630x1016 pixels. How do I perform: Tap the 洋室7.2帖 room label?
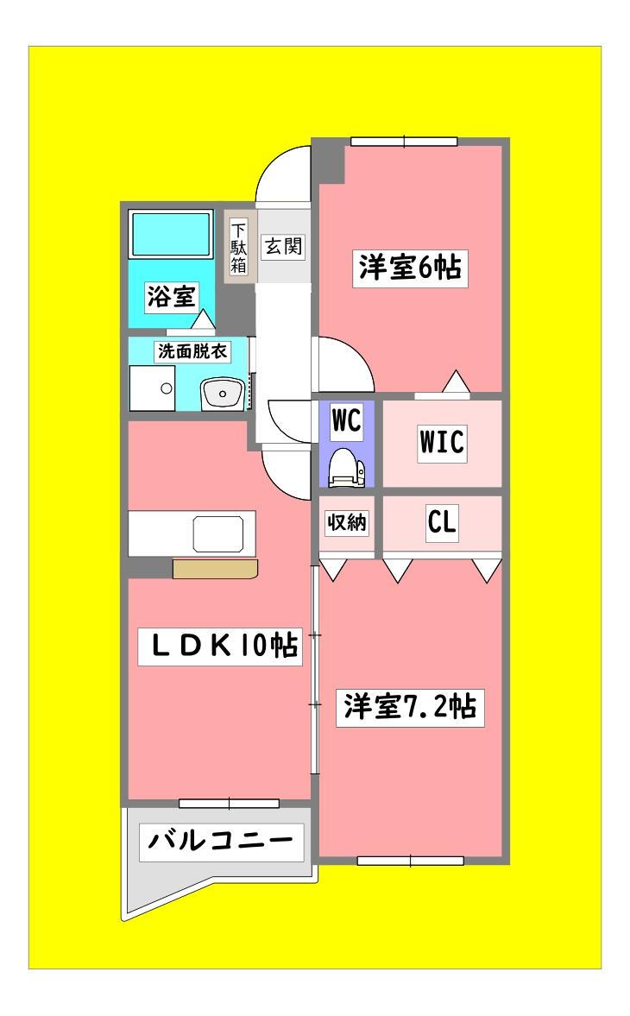(x=409, y=707)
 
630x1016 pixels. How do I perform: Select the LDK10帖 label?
(x=220, y=646)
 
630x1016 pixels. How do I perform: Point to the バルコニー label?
(x=222, y=841)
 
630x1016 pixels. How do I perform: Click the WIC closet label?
(x=442, y=442)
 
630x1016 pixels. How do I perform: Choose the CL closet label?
(x=442, y=522)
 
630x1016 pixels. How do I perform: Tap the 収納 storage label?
(x=346, y=522)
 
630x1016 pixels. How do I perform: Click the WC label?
(x=346, y=421)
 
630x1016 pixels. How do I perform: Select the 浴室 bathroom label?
(x=171, y=297)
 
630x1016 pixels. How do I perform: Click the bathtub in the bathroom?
(x=171, y=233)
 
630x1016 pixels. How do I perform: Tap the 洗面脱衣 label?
(x=192, y=351)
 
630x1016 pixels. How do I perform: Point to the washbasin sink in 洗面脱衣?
(x=224, y=395)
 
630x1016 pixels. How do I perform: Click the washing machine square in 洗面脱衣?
(x=152, y=388)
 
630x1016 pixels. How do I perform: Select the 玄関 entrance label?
(x=283, y=246)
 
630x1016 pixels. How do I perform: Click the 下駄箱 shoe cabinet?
(x=239, y=248)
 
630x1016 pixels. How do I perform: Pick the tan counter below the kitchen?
(x=215, y=569)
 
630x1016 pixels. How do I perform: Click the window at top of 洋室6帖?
(x=404, y=141)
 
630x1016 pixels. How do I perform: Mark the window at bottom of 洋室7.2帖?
(x=410, y=860)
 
